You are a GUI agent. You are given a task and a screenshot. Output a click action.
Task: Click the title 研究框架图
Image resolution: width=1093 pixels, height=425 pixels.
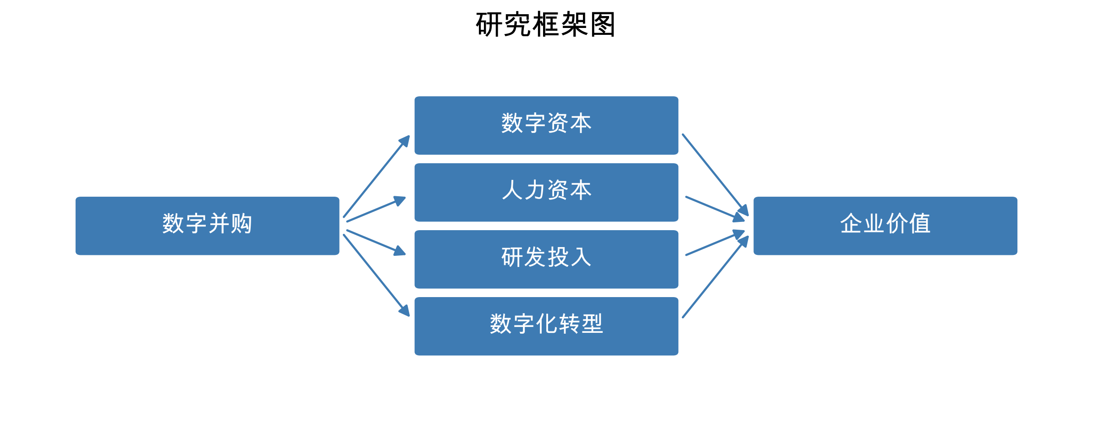[545, 25]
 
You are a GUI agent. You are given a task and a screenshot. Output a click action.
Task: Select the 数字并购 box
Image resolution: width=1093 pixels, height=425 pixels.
[207, 226]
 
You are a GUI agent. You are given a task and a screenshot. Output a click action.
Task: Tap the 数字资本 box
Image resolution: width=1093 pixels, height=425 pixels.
[546, 125]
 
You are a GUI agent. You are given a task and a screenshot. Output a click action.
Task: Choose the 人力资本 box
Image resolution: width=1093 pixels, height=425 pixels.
[546, 192]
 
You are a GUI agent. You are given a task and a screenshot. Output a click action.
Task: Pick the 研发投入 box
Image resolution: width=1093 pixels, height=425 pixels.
[546, 259]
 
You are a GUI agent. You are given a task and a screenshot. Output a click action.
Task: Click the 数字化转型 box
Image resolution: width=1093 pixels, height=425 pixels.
[546, 326]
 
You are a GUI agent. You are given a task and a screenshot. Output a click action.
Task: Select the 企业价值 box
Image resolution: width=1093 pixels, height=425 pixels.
[885, 226]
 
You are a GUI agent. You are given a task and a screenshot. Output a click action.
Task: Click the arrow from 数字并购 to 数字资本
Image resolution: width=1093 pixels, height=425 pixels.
[376, 177]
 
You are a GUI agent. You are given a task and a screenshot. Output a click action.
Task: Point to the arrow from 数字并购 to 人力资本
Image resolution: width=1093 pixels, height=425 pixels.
[376, 210]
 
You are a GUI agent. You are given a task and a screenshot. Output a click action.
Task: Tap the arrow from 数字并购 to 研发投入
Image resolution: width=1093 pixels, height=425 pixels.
[376, 242]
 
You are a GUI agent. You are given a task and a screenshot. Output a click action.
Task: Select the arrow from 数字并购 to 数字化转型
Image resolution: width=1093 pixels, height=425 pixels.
[376, 275]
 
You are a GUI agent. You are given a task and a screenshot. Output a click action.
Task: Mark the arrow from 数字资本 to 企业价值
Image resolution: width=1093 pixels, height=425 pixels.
[715, 175]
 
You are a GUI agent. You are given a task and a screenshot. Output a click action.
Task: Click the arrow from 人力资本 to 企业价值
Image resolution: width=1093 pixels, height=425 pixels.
[715, 208]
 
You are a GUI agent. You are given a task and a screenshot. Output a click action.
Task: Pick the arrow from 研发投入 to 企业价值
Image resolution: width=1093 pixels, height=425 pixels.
[715, 243]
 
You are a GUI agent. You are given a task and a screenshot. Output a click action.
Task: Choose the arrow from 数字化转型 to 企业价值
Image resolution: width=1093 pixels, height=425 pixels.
[715, 277]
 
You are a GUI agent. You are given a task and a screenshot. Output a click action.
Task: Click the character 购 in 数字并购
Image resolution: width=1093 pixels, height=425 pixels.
[242, 224]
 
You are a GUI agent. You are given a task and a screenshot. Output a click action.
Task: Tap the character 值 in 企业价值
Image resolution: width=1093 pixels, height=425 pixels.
[919, 224]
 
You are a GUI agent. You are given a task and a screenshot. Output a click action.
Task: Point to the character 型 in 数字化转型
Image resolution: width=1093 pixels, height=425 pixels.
[592, 324]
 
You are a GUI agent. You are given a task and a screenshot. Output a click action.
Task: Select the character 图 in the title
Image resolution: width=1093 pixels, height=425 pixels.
[603, 25]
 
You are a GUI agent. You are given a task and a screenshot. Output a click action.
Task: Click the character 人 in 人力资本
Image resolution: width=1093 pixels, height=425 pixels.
[512, 190]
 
